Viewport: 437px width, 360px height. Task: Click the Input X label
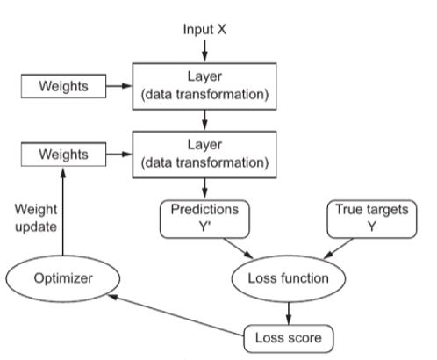tap(204, 30)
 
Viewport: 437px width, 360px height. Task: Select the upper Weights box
tap(63, 86)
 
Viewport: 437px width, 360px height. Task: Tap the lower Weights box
tap(63, 155)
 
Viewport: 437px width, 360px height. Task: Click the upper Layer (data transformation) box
tap(204, 86)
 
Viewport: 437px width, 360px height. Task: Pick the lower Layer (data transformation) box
tap(204, 155)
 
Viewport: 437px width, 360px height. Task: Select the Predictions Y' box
tap(204, 219)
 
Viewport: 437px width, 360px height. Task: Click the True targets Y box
tap(372, 219)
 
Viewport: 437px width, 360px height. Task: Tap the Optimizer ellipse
tap(63, 278)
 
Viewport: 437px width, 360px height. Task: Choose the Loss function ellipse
tap(289, 278)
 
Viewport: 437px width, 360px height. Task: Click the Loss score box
tap(289, 338)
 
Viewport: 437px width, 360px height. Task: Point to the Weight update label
tap(36, 218)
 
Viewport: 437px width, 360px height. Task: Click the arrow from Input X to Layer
tap(204, 51)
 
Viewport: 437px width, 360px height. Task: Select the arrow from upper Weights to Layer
tap(119, 86)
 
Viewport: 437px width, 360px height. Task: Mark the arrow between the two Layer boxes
tap(204, 120)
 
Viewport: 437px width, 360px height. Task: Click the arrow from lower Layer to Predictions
tap(204, 189)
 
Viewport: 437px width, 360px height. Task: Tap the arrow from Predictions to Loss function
tap(239, 248)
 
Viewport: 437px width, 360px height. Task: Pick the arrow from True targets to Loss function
tap(339, 248)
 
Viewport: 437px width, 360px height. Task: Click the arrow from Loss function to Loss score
tap(289, 313)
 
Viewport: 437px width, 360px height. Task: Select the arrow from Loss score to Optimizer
tap(176, 315)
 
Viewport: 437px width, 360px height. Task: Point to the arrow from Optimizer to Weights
tap(63, 211)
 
